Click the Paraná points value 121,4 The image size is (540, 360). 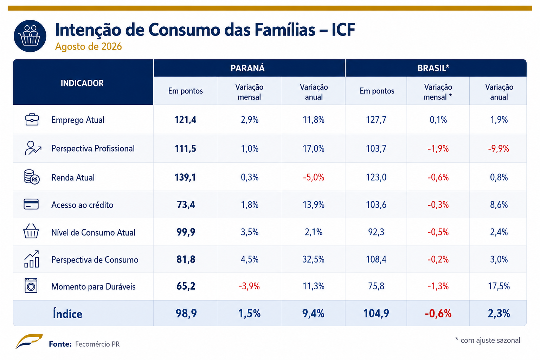(x=185, y=120)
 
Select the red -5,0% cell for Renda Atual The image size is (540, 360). (x=313, y=178)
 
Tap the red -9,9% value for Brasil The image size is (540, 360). (x=499, y=148)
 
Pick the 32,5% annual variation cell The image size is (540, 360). (x=313, y=259)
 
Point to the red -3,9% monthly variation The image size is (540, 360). (x=249, y=286)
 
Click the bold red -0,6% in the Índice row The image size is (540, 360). (x=438, y=314)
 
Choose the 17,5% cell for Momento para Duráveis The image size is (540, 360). (x=499, y=286)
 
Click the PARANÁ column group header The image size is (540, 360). (x=247, y=68)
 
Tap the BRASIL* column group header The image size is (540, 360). (x=433, y=68)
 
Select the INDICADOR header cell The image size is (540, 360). (x=82, y=83)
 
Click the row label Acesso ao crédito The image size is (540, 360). (x=82, y=205)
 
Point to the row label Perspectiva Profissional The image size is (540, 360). (x=93, y=148)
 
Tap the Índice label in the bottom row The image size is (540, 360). (x=67, y=314)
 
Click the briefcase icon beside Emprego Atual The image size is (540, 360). (x=32, y=119)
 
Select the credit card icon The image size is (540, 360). (x=31, y=204)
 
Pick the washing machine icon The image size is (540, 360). (x=31, y=285)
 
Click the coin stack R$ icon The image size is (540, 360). (x=32, y=177)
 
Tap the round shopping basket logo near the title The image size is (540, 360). (x=30, y=36)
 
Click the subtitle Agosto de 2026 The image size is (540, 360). (x=89, y=46)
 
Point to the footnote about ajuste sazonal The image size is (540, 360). (x=488, y=340)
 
